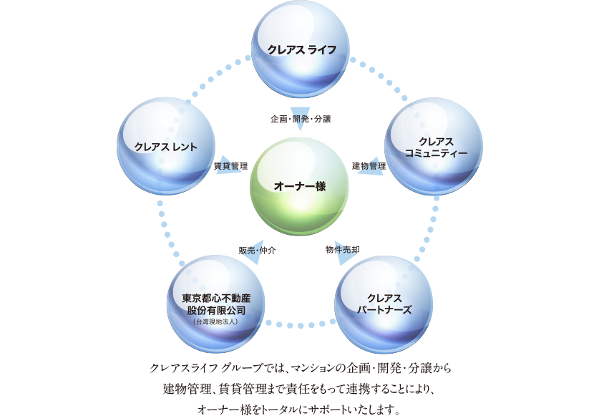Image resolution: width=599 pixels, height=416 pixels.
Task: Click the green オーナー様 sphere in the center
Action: [299, 186]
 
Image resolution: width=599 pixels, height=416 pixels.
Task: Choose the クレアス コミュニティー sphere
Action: [434, 147]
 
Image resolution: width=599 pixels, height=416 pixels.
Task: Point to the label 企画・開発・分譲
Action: [301, 117]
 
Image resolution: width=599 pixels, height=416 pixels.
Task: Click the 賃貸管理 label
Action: [230, 165]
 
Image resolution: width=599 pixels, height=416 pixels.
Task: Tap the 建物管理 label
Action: [369, 165]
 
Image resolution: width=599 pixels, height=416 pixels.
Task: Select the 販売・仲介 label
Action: [257, 250]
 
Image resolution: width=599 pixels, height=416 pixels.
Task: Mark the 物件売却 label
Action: [342, 249]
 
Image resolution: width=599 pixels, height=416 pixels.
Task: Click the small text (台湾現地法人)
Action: [215, 322]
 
